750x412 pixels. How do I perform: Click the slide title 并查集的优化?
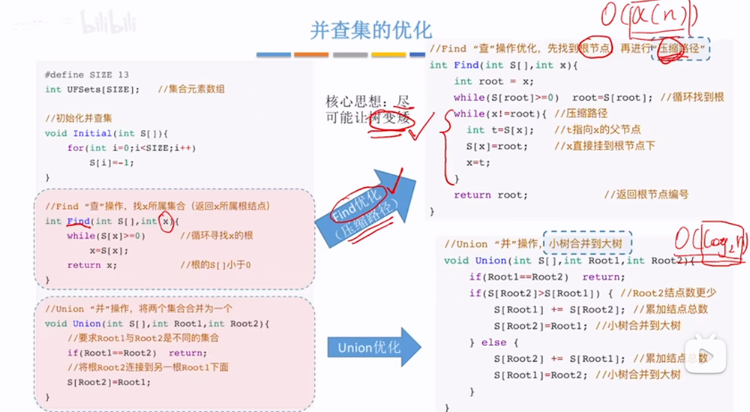pyautogui.click(x=371, y=30)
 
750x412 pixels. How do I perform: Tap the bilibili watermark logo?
pyautogui.click(x=109, y=23)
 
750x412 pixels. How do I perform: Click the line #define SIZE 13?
pyautogui.click(x=87, y=74)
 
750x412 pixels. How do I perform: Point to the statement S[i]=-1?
pyautogui.click(x=111, y=163)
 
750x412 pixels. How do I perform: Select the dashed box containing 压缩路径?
pyautogui.click(x=681, y=48)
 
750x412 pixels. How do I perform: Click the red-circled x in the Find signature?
pyautogui.click(x=165, y=221)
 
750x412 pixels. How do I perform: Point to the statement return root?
pyautogui.click(x=491, y=195)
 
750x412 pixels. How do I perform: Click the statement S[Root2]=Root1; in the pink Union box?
pyautogui.click(x=108, y=382)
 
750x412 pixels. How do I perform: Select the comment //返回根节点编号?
pyautogui.click(x=646, y=195)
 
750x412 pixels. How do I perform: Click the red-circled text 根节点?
pyautogui.click(x=594, y=48)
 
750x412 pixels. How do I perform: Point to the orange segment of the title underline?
pyautogui.click(x=311, y=54)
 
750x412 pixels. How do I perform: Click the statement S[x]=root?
pyautogui.click(x=497, y=146)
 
